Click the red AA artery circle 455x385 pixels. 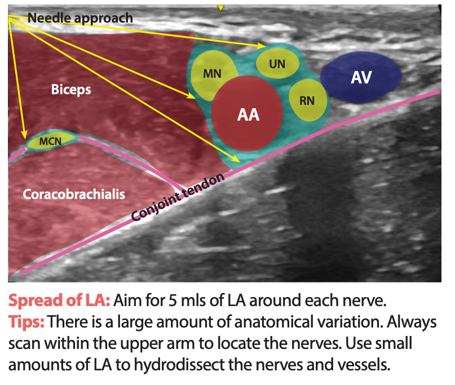[247, 114]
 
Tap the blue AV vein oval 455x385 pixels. [361, 77]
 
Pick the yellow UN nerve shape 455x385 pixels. [277, 64]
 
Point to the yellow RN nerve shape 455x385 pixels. [308, 100]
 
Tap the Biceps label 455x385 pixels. [70, 90]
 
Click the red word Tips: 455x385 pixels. [26, 322]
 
